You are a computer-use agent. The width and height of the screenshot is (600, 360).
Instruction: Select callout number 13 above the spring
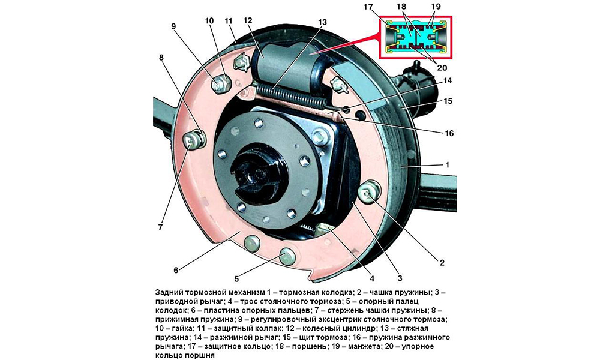323,22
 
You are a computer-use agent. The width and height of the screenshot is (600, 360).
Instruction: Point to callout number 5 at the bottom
236,278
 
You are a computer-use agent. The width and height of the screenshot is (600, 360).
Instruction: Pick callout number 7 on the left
160,227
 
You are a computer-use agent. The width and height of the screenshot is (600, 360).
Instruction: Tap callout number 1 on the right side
448,163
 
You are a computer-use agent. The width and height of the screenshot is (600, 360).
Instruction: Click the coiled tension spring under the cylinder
293,96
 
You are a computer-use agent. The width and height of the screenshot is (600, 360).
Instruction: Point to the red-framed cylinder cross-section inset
415,37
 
